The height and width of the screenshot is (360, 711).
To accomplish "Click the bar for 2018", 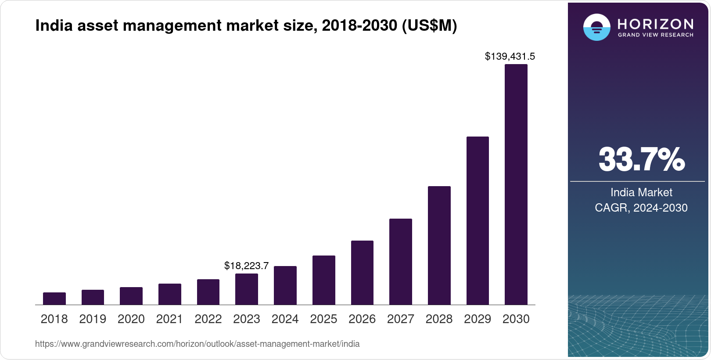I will point(54,299).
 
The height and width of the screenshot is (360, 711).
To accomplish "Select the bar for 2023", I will point(247,289).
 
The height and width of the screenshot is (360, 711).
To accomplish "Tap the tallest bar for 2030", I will point(516,184).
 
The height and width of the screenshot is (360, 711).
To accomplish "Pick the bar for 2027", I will point(400,262).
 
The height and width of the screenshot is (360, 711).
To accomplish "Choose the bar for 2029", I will point(478,220).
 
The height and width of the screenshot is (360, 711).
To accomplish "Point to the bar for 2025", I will point(323,280).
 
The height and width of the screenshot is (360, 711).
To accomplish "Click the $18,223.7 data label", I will point(246,266).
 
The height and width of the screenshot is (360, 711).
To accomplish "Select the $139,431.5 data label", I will point(510,56).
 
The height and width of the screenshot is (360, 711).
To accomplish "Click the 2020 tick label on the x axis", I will point(131,319).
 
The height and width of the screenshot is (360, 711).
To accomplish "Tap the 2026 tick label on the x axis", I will point(362,319).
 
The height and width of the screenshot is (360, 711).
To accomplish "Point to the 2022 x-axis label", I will point(208,319).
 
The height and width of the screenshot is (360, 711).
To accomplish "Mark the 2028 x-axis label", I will point(439,319).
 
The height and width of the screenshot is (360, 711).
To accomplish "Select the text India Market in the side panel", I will point(641,192).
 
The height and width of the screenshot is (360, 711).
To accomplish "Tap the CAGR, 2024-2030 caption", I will point(641,208).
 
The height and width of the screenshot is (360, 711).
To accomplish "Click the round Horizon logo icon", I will point(596,27).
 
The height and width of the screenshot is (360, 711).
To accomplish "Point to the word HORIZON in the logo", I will point(655,24).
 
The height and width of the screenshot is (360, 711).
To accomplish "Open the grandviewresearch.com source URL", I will point(197,344).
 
